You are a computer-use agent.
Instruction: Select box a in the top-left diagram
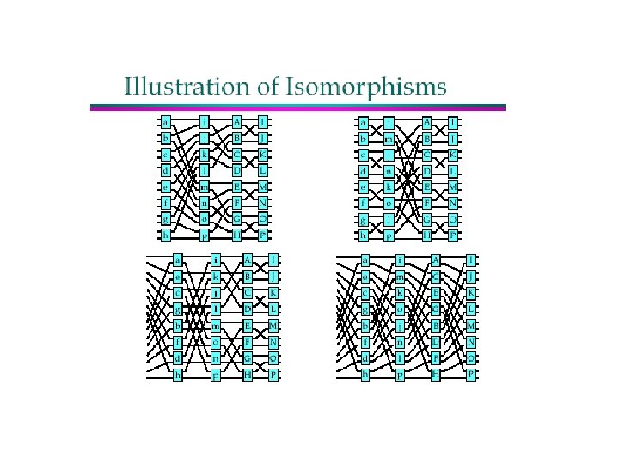pyautogui.click(x=165, y=121)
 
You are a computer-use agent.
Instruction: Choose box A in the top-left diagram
pyautogui.click(x=237, y=121)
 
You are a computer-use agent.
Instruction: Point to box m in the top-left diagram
pyautogui.click(x=205, y=187)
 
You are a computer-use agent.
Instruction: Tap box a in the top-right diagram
pyautogui.click(x=364, y=121)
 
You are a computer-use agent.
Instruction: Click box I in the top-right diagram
pyautogui.click(x=452, y=121)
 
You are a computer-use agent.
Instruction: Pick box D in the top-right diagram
pyautogui.click(x=426, y=171)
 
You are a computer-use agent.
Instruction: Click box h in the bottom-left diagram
pyautogui.click(x=178, y=375)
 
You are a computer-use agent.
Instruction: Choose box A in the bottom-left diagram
pyautogui.click(x=248, y=259)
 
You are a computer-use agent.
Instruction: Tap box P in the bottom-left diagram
pyautogui.click(x=273, y=375)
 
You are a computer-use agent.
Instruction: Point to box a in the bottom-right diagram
pyautogui.click(x=365, y=259)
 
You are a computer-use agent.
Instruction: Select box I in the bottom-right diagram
pyautogui.click(x=470, y=259)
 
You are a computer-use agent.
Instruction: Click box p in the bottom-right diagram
pyautogui.click(x=400, y=375)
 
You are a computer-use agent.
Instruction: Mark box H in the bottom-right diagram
pyautogui.click(x=435, y=375)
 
